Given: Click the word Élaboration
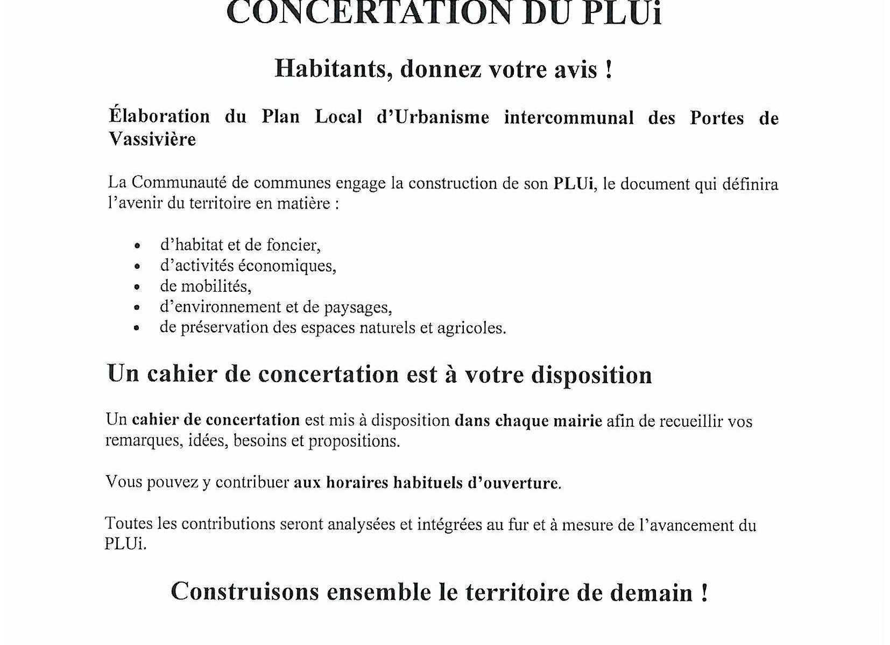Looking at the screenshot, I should click(159, 117).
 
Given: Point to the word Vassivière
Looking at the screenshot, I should click(152, 139).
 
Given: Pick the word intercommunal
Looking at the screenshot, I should click(569, 117).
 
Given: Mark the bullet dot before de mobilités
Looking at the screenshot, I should click(137, 287).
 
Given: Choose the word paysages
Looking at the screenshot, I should click(358, 307).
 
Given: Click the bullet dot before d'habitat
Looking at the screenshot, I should click(137, 246).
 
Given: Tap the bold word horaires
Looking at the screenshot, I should click(357, 483).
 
